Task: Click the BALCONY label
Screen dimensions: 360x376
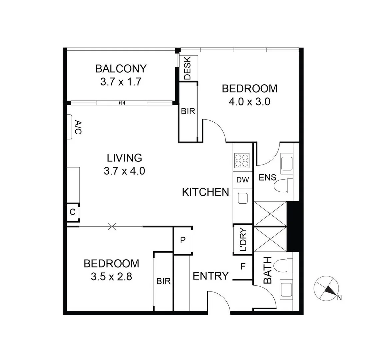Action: (121, 69)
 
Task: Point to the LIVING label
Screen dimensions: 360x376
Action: (124, 157)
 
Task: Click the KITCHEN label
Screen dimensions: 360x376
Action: (205, 192)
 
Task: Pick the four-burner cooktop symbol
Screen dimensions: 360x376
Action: (242, 160)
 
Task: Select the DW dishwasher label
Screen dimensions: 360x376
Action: (243, 180)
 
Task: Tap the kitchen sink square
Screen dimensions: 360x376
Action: (242, 198)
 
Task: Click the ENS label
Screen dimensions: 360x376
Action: (267, 178)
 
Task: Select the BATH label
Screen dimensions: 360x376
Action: (268, 270)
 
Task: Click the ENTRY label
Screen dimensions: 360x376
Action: (211, 276)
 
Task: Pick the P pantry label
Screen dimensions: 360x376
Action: (183, 240)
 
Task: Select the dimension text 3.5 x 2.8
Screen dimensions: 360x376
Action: (111, 276)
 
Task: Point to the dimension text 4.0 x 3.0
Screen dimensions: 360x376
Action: (249, 102)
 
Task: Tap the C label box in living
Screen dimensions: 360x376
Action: (72, 212)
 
